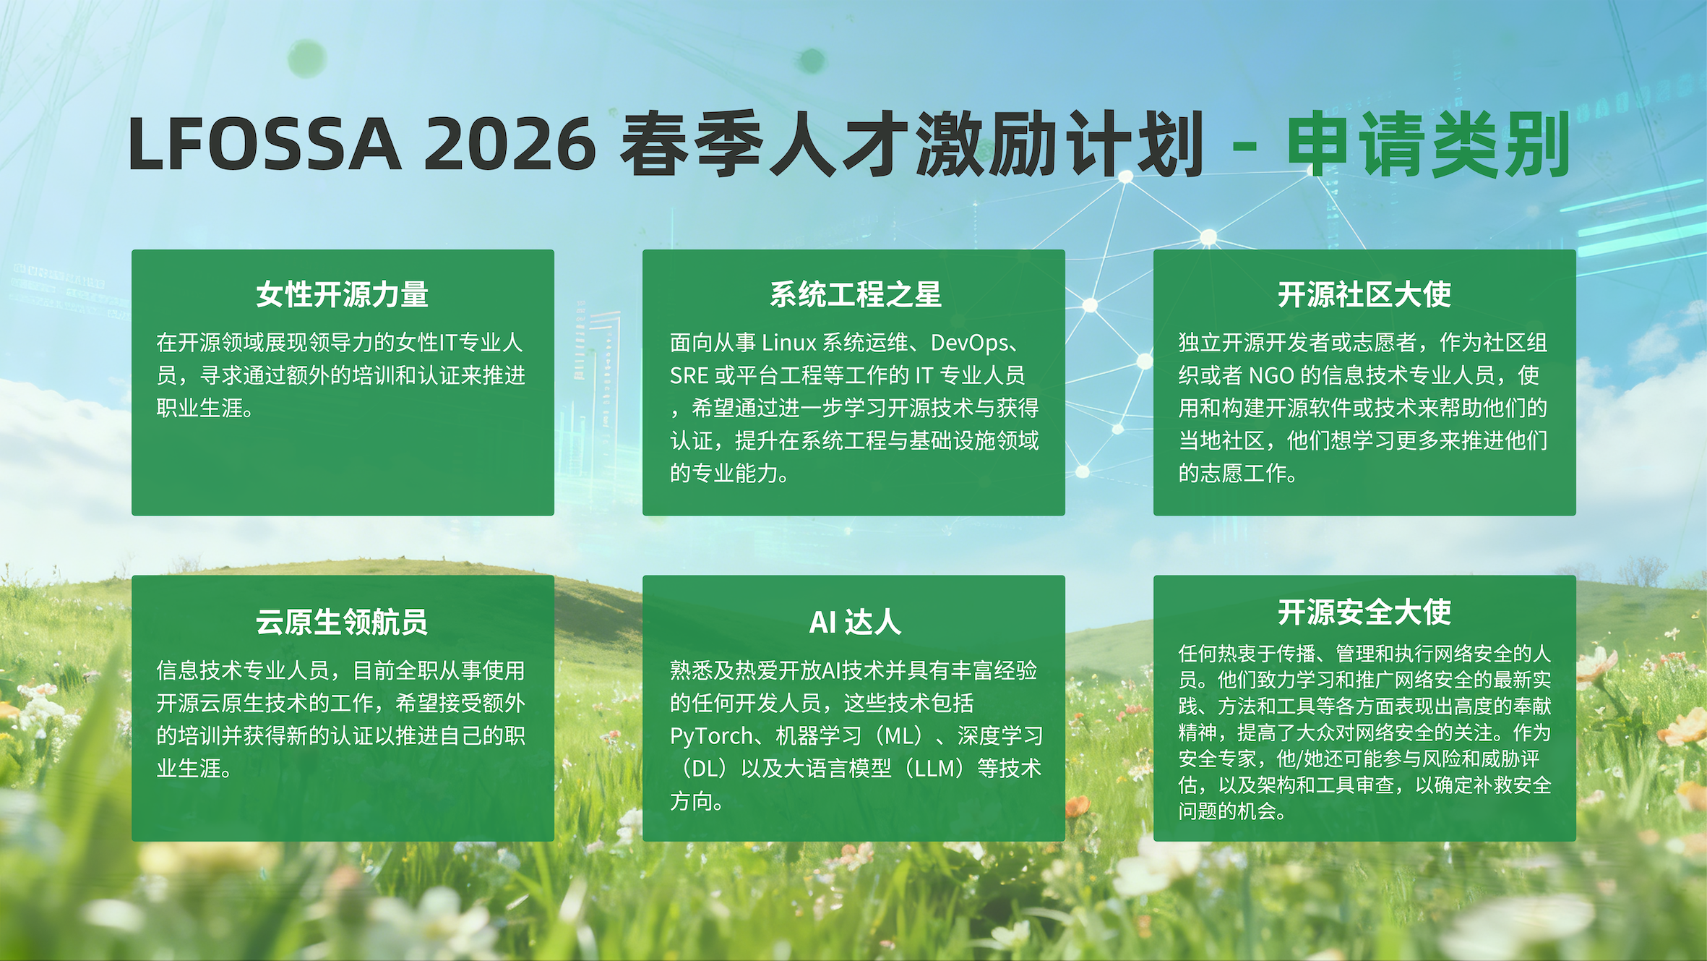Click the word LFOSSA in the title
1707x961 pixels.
[265, 144]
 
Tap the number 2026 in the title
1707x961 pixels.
[510, 144]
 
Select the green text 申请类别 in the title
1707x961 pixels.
[1429, 144]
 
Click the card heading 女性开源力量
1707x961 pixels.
[343, 294]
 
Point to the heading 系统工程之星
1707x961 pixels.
[856, 294]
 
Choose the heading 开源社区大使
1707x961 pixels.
[1364, 294]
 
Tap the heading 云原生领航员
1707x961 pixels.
[343, 622]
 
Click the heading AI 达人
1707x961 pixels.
[855, 622]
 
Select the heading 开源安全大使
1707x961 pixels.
[1364, 612]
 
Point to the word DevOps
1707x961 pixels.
[969, 343]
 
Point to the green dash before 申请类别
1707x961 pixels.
[1244, 148]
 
